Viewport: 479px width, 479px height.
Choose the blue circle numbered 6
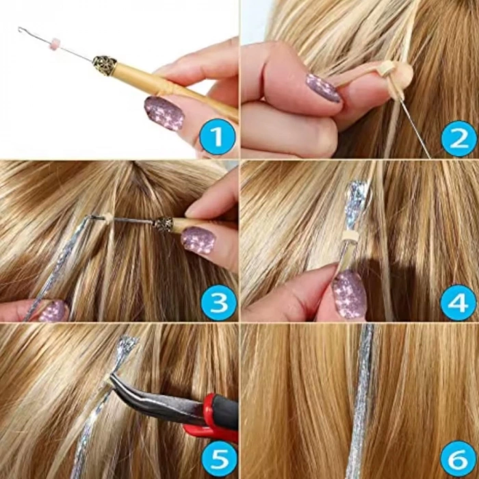click(x=458, y=459)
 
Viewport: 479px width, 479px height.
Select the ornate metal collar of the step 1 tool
click(x=104, y=65)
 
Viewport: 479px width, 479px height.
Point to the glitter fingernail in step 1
click(x=164, y=112)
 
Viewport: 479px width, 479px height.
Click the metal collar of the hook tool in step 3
click(x=163, y=224)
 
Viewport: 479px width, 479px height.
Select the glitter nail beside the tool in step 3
click(x=198, y=240)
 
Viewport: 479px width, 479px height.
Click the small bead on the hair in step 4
click(x=351, y=235)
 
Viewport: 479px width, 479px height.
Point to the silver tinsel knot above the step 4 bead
click(x=357, y=202)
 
